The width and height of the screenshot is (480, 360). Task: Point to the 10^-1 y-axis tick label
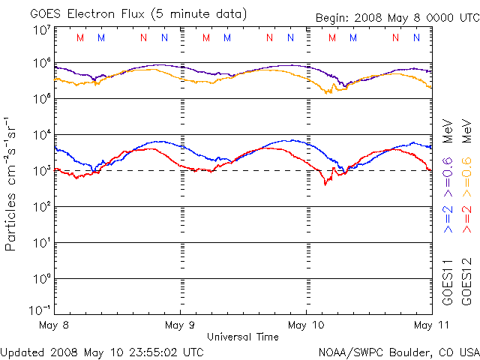[40, 309]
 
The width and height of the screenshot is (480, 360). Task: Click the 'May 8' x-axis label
[53, 325]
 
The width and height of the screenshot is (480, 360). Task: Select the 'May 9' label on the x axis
[179, 325]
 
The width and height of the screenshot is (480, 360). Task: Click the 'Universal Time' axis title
[243, 337]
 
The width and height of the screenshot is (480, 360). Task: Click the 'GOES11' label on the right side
[447, 283]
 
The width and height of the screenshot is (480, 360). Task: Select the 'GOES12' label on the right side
[466, 283]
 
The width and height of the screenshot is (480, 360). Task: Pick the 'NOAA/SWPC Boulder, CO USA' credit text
[398, 351]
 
